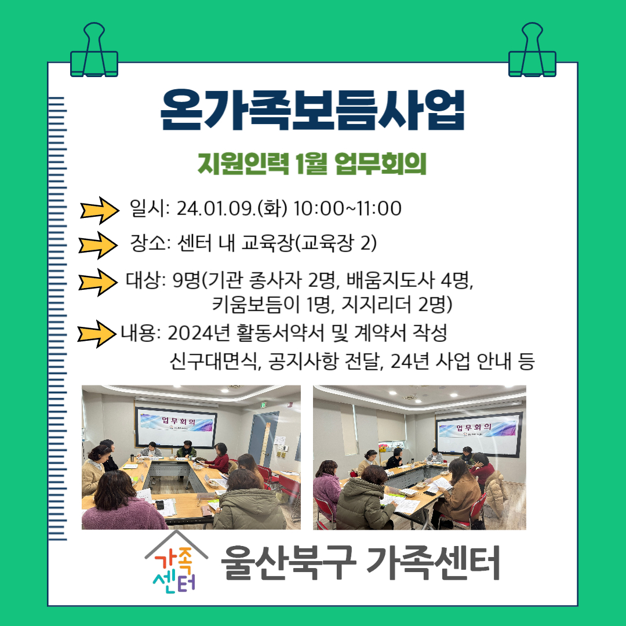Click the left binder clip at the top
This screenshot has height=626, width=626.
(x=94, y=50)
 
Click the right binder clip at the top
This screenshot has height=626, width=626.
(x=532, y=50)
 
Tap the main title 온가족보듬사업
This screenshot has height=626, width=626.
(x=312, y=110)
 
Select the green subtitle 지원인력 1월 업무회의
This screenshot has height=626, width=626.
(x=312, y=163)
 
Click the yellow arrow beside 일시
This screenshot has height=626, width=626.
(x=100, y=210)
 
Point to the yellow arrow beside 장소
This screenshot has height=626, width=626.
(x=98, y=245)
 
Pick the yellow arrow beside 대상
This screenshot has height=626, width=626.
(x=98, y=282)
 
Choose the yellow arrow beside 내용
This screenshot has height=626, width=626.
(x=97, y=334)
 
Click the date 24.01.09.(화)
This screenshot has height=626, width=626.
(x=232, y=209)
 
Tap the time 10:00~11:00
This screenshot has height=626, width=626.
(x=348, y=209)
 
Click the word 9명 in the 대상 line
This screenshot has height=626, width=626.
(x=186, y=281)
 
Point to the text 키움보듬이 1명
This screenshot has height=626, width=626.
(x=272, y=305)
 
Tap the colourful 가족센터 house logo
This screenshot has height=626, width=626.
(x=176, y=561)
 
